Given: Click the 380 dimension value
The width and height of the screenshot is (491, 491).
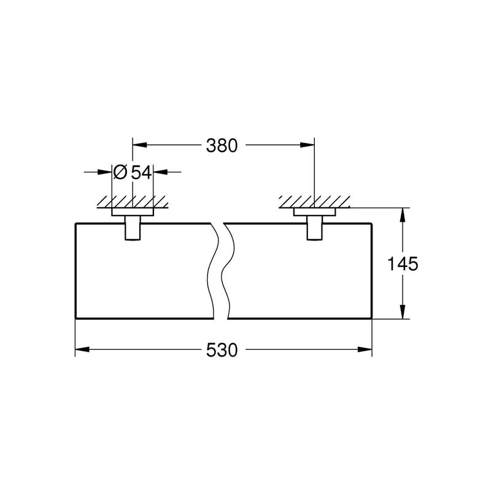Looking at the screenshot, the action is [x=222, y=145].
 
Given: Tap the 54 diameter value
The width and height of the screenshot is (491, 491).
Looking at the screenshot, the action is [x=141, y=172].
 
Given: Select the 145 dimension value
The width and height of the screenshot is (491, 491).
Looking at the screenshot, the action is [x=403, y=263].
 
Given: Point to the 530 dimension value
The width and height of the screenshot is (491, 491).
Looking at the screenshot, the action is [x=222, y=350].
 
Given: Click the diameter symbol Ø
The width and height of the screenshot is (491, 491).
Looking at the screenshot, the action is [x=120, y=172].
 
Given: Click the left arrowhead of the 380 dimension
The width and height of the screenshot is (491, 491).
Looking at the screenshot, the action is [x=140, y=145].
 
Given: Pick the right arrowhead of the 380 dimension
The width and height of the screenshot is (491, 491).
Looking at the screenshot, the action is [x=307, y=145].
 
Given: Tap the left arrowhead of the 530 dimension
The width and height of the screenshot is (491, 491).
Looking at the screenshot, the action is [x=82, y=349].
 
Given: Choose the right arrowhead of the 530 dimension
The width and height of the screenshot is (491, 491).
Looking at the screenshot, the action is [x=365, y=349].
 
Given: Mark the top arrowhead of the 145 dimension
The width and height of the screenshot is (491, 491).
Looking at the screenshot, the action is [x=403, y=215].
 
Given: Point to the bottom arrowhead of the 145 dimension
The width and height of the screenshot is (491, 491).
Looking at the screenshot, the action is [x=403, y=312].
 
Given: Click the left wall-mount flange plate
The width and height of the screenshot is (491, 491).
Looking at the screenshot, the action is [x=133, y=212].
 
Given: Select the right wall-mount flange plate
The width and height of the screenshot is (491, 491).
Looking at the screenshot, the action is [x=314, y=212].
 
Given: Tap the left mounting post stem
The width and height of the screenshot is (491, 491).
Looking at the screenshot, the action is [x=133, y=228].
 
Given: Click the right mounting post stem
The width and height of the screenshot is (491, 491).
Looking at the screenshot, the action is [x=314, y=228].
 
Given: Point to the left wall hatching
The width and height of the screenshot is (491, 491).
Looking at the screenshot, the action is [x=133, y=203].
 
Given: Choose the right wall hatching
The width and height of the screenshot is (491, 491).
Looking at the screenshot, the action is [x=314, y=203].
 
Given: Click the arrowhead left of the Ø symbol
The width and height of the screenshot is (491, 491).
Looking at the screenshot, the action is [x=105, y=172].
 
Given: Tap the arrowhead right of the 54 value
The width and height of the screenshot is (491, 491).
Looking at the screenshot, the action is [x=160, y=172].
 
